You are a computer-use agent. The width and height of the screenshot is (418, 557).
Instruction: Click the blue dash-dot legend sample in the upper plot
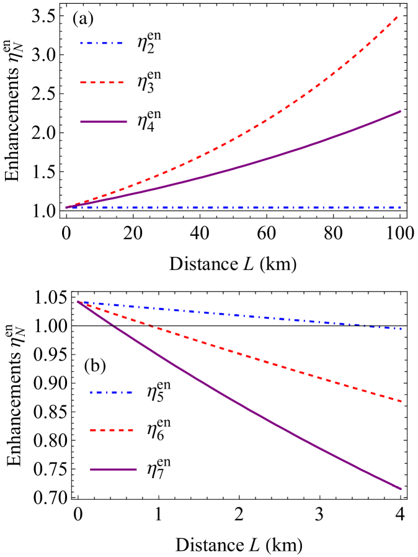(x=101, y=43)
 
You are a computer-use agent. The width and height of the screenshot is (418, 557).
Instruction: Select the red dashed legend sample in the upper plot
(x=102, y=83)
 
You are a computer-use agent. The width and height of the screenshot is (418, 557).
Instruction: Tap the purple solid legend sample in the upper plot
(x=103, y=122)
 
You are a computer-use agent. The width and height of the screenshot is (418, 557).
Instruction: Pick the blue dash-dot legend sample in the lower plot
(x=111, y=392)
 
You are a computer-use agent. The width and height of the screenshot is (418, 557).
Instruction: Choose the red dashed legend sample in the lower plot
(x=112, y=430)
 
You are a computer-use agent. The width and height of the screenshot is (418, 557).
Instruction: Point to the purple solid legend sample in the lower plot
(x=113, y=469)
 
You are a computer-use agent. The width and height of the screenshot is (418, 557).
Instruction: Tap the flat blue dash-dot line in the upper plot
(x=248, y=207)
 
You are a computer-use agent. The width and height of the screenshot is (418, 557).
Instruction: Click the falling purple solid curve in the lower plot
(x=248, y=409)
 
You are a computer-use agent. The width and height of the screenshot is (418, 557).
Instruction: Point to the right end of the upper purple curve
(x=401, y=112)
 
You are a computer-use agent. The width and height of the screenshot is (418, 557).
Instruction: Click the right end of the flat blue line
(x=401, y=207)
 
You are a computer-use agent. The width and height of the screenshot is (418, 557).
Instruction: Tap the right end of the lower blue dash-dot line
(x=401, y=328)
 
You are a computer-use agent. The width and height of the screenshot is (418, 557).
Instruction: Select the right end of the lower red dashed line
(x=401, y=401)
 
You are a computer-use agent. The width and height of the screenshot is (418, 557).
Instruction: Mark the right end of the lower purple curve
(x=401, y=489)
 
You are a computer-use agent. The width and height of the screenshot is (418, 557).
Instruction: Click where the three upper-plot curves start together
(x=67, y=207)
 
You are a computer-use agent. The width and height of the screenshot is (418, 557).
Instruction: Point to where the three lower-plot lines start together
(x=78, y=301)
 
